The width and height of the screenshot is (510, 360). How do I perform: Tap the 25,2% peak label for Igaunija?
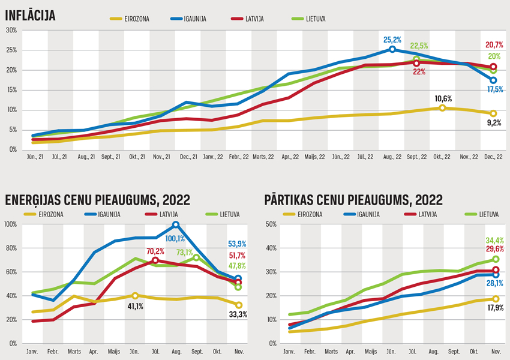pyautogui.click(x=392, y=40)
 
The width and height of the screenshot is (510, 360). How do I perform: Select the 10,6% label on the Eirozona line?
pyautogui.click(x=443, y=98)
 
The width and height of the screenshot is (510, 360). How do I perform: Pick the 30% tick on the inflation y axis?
pyautogui.click(x=11, y=30)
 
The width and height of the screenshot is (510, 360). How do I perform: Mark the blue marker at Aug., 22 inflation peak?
pyautogui.click(x=392, y=50)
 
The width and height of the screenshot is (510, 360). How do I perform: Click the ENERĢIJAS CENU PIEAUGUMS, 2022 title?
pyautogui.click(x=97, y=200)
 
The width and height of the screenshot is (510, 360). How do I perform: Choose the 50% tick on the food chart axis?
pyautogui.click(x=271, y=224)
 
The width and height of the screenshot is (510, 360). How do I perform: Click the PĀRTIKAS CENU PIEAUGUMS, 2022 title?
pyautogui.click(x=353, y=200)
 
